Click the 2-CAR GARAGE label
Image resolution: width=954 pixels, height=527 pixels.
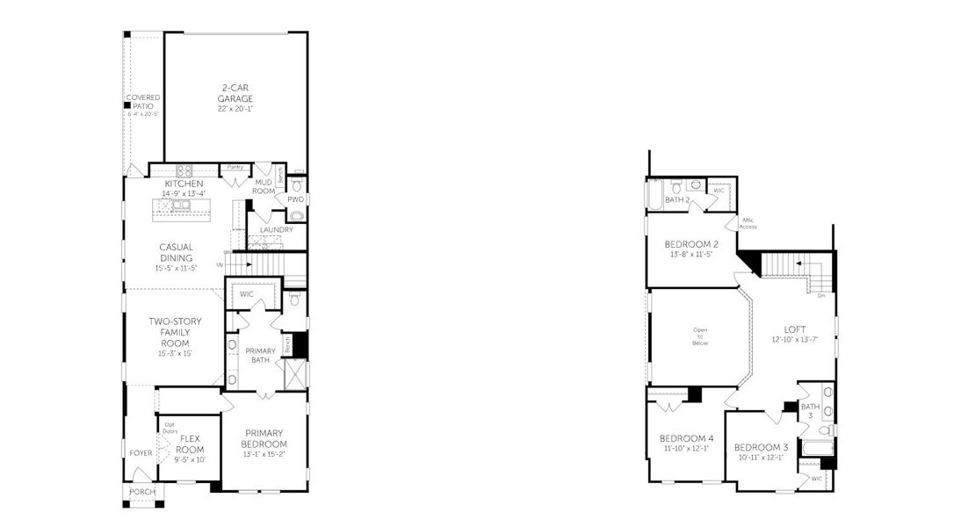(235, 93)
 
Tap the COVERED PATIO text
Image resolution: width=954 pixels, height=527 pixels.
(141, 101)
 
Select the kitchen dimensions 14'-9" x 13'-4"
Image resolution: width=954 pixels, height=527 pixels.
(184, 193)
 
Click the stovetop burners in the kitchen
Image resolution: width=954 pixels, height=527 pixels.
(184, 170)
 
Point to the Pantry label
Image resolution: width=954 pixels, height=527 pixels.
(235, 166)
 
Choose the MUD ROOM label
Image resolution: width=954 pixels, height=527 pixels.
(264, 187)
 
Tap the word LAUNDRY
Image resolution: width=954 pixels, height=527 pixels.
(276, 229)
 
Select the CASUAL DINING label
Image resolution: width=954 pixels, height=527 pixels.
(176, 252)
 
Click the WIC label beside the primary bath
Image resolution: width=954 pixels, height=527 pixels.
(247, 293)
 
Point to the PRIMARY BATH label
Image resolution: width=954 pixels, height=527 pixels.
(261, 355)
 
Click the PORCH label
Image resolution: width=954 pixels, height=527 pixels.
(141, 492)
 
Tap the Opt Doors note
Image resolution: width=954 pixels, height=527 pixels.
(170, 428)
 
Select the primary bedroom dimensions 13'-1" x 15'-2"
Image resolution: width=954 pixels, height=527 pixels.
(264, 455)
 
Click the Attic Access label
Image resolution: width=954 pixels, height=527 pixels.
(748, 223)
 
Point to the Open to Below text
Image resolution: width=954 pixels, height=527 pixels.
(700, 336)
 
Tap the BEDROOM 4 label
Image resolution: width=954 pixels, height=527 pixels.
(686, 438)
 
